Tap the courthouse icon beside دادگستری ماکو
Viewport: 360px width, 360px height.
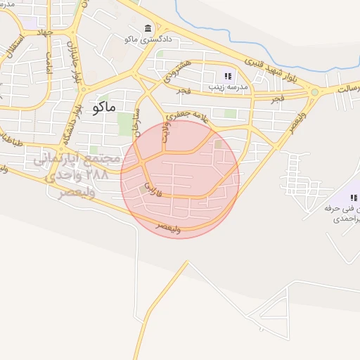tap(148, 28)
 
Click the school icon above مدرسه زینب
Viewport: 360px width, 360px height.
tap(228, 76)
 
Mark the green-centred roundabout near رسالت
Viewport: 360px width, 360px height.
tap(314, 91)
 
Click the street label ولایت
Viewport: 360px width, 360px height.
tap(167, 133)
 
